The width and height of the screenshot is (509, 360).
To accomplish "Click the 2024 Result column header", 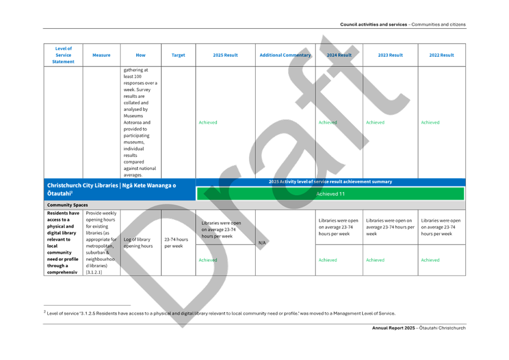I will pyautogui.click(x=339, y=55).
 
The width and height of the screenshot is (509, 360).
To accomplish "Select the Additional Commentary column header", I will pyautogui.click(x=285, y=55).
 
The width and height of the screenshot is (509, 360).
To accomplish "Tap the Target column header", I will pyautogui.click(x=178, y=55).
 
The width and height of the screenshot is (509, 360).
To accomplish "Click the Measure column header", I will pyautogui.click(x=102, y=55).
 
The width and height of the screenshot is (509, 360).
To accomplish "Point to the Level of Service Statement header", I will pyautogui.click(x=63, y=55).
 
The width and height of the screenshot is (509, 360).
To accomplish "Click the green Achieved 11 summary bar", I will pyautogui.click(x=330, y=194).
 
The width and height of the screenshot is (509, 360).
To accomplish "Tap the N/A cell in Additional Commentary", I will pyautogui.click(x=262, y=242).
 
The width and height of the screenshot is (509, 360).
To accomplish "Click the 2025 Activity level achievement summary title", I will pyautogui.click(x=330, y=182).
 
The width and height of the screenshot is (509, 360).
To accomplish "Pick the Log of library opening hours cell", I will pyautogui.click(x=141, y=242).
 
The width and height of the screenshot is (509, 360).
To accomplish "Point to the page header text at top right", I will pyautogui.click(x=403, y=25).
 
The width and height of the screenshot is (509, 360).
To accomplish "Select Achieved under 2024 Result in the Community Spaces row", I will pyautogui.click(x=328, y=260).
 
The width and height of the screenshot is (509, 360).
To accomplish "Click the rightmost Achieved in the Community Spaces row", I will pyautogui.click(x=430, y=260).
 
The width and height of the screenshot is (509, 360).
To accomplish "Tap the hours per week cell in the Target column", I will pyautogui.click(x=178, y=242).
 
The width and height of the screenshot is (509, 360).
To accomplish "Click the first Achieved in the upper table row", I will pyautogui.click(x=208, y=123).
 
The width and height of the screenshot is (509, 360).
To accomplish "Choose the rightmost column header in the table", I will pyautogui.click(x=441, y=55).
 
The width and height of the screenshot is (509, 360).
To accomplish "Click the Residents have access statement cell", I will pyautogui.click(x=63, y=242).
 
